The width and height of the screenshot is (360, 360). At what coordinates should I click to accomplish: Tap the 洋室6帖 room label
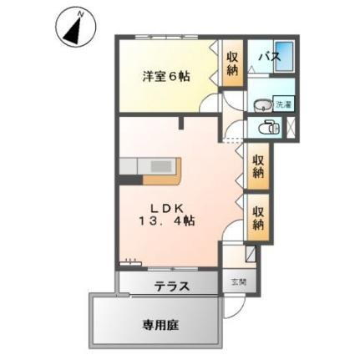164,76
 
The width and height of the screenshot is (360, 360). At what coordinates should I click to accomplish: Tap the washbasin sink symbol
261,105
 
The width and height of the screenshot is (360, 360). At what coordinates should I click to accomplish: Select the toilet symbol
267,128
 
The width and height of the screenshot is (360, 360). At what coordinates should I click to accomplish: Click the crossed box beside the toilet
291,128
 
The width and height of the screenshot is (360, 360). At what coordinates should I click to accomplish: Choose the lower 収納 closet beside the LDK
257,215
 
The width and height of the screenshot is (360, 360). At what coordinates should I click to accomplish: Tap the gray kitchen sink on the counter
134,164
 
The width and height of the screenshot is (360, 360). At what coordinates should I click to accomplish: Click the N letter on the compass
80,13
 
